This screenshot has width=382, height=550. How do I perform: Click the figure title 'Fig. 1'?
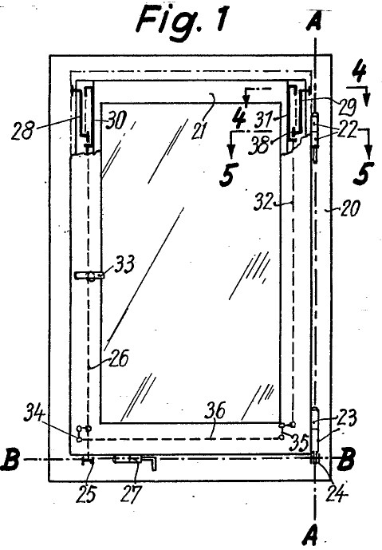coord(183,20)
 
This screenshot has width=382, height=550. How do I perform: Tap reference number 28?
coord(22,131)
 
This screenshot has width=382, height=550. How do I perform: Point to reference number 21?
coord(199,131)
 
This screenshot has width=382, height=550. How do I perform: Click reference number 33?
coord(124,263)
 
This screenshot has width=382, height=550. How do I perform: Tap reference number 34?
coord(34,413)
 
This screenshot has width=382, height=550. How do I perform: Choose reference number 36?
coord(215,410)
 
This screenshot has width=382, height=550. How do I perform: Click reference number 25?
coord(87,494)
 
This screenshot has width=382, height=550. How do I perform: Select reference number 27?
coord(132,494)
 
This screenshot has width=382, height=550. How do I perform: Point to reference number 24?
coord(337,493)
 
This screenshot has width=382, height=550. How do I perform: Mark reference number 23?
coord(347,417)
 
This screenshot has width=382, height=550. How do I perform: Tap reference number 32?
coord(262,202)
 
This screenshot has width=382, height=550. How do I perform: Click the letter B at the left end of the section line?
coord(10,459)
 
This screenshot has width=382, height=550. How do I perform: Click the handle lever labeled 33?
coord(89,275)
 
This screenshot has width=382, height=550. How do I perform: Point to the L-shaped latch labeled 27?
coord(135,461)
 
